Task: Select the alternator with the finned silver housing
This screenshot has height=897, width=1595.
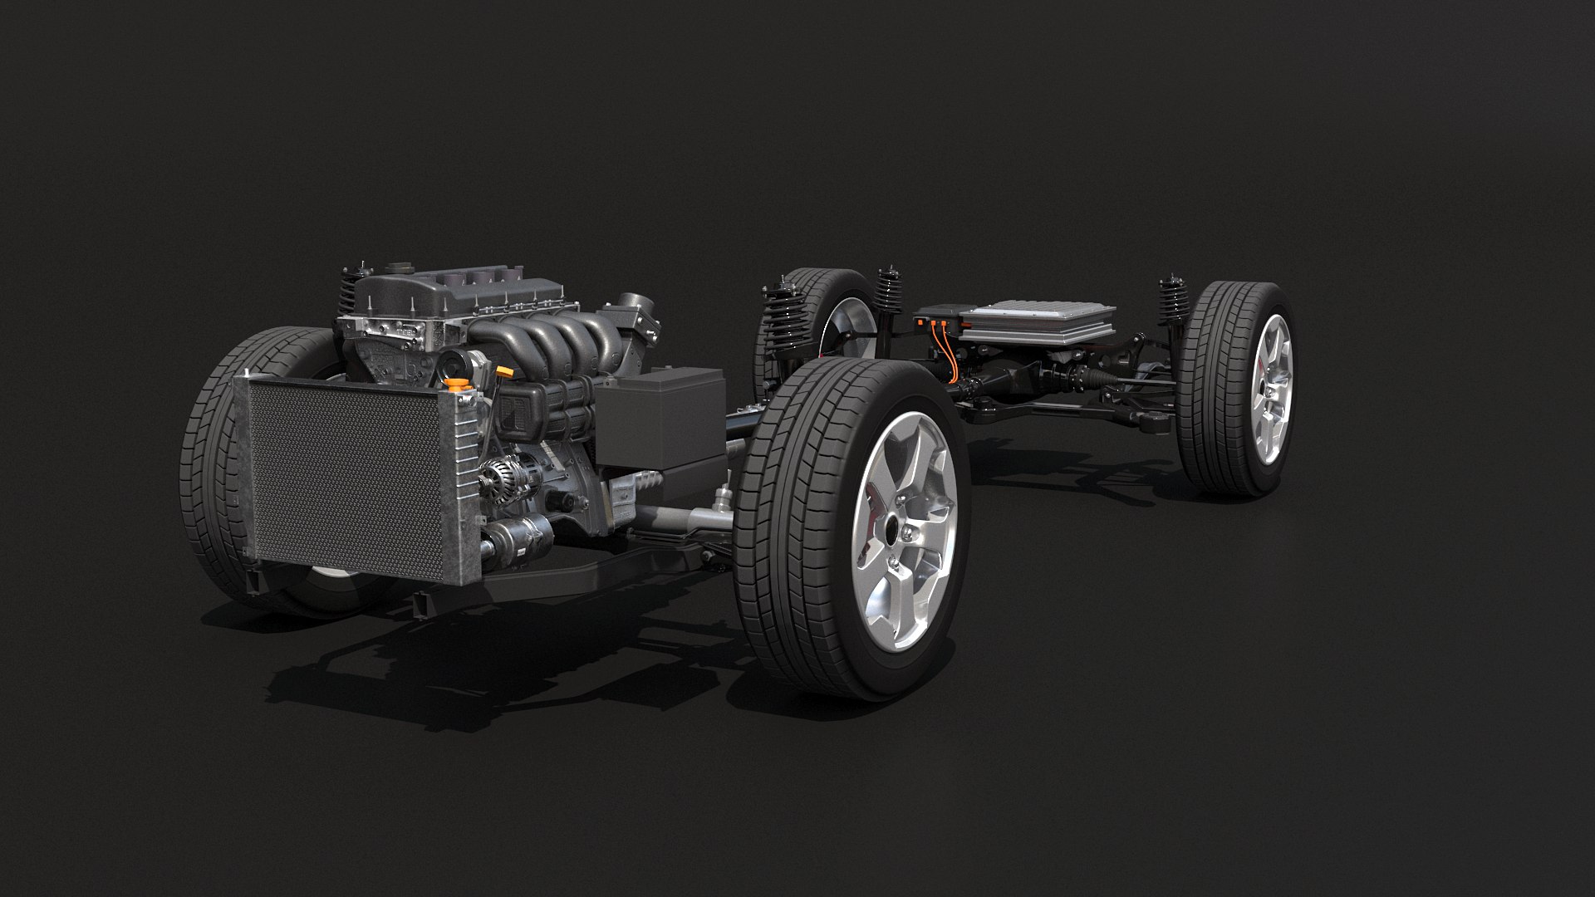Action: coord(502,478)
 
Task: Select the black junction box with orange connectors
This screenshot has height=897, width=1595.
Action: coord(936,320)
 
